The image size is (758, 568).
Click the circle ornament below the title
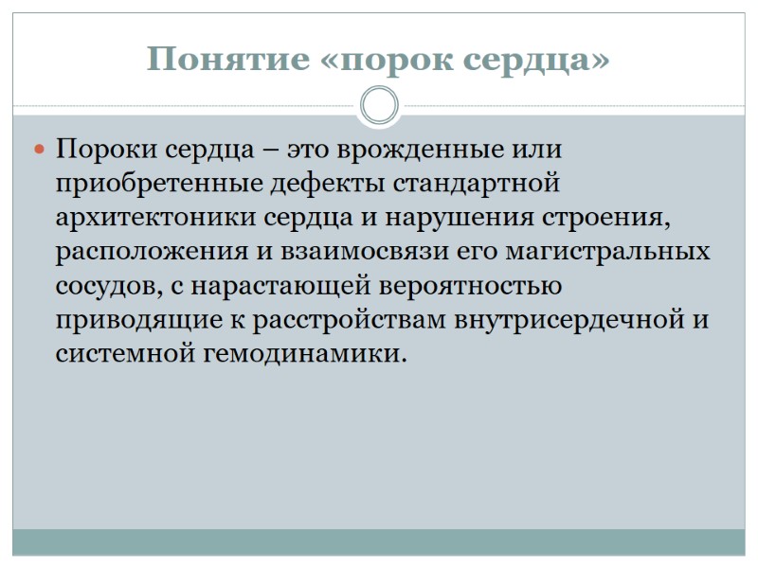pos(379,105)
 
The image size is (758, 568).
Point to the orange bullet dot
pos(40,150)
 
